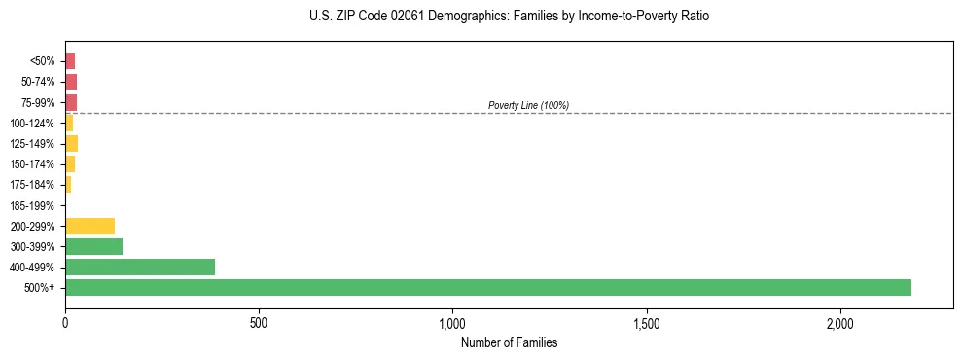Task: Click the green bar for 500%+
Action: coord(487,287)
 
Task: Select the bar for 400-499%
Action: coord(140,267)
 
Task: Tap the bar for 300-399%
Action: coord(93,246)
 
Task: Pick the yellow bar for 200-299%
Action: coord(89,226)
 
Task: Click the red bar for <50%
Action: coord(70,61)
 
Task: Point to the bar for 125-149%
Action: coord(71,144)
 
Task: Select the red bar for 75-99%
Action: coord(71,102)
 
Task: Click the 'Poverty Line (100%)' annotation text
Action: coord(528,105)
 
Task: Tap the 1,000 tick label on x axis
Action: coord(453,323)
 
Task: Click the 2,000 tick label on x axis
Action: coord(840,323)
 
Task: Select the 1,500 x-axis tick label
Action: coord(647,323)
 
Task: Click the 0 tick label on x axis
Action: coord(65,323)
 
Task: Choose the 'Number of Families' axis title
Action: coord(509,342)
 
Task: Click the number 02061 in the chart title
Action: coord(385,17)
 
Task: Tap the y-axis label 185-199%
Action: coord(32,205)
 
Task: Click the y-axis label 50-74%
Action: coord(37,82)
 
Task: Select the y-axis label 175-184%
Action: coord(32,185)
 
